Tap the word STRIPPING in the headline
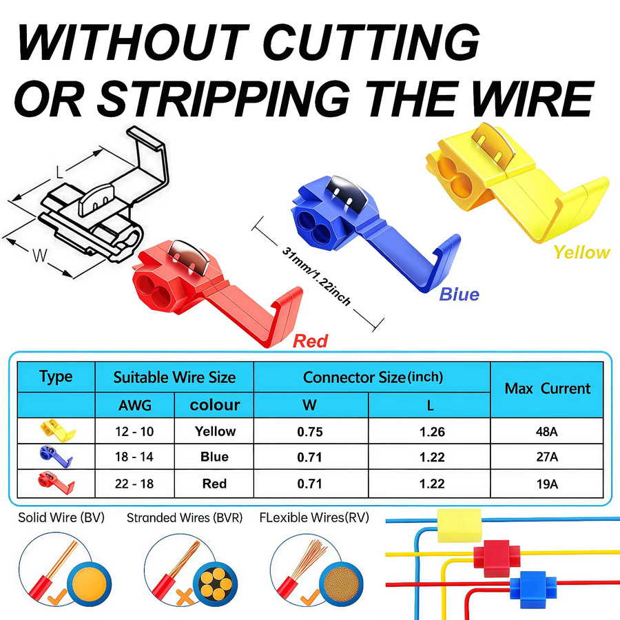click(223, 99)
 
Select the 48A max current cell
click(547, 431)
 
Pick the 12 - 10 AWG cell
click(134, 431)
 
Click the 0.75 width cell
click(310, 432)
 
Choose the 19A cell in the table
click(547, 484)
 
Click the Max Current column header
click(547, 389)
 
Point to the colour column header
click(215, 405)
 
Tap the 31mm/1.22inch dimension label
click(316, 276)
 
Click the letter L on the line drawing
click(60, 172)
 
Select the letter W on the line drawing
click(40, 256)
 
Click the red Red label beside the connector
click(311, 341)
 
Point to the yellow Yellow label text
click(581, 252)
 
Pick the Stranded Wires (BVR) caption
click(185, 517)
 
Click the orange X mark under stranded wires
click(185, 597)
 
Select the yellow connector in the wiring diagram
click(459, 526)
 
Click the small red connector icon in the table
click(56, 483)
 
